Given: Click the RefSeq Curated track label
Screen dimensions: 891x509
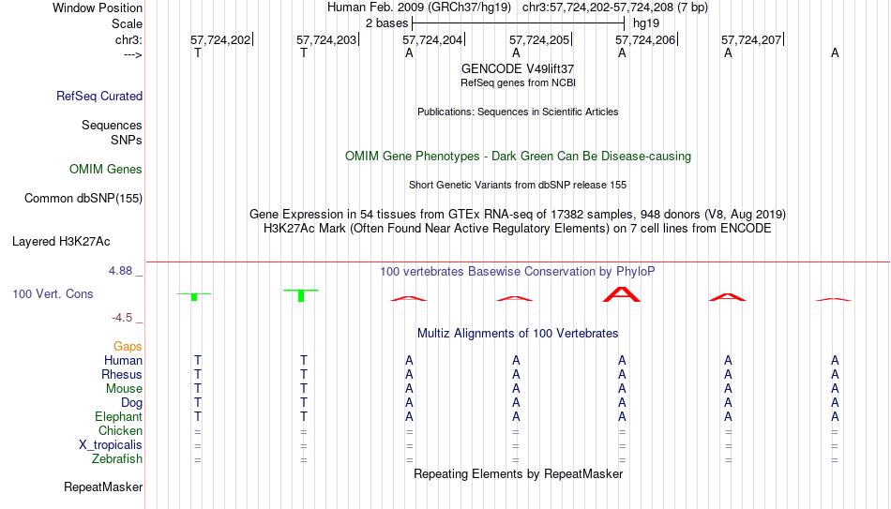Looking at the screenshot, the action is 99,96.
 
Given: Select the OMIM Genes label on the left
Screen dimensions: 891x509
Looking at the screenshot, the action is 106,170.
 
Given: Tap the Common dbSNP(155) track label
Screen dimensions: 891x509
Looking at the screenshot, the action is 83,199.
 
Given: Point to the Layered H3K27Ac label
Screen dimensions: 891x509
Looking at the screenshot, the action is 61,242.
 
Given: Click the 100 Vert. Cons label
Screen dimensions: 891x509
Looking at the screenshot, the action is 53,293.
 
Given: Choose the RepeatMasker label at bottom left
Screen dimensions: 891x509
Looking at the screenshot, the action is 103,487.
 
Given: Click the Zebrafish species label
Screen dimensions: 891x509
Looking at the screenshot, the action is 117,458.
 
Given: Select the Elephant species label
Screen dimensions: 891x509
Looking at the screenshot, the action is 118,416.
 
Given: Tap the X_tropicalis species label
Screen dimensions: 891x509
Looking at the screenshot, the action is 111,445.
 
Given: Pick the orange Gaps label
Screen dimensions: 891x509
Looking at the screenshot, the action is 128,346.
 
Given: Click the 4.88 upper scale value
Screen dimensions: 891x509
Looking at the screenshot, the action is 120,270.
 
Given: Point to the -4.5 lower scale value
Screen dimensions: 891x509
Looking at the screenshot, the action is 122,318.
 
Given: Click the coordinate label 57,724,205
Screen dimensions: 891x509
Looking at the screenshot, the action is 538,39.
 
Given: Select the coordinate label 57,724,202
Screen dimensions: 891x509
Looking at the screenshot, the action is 219,39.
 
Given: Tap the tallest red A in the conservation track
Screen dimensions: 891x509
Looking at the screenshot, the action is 622,294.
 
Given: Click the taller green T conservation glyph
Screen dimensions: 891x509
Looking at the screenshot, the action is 301,295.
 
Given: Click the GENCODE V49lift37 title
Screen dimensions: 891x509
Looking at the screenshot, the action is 518,68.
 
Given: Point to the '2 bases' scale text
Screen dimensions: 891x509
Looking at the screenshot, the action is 387,23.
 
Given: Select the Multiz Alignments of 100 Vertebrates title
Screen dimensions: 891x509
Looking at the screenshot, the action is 518,334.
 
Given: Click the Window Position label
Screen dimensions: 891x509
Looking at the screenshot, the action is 98,7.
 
